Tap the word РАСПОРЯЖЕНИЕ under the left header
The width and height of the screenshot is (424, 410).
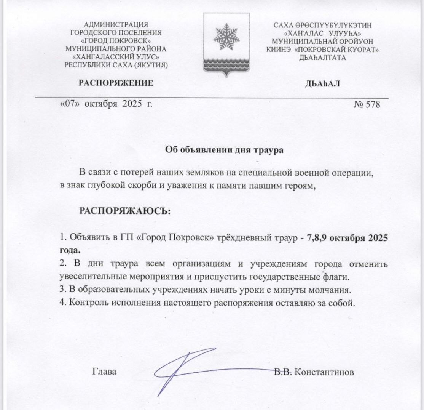116,83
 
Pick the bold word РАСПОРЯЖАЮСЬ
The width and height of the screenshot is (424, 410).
125,210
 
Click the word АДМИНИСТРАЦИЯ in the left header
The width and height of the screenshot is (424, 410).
116,25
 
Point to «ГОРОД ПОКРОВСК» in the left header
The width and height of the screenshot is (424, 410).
116,41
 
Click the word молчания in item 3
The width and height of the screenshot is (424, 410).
331,290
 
